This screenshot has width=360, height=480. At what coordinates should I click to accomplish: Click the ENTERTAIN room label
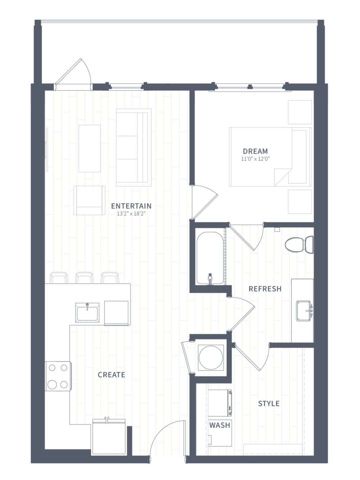click(x=131, y=206)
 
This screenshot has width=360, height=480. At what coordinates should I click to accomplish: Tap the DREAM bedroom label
click(x=255, y=151)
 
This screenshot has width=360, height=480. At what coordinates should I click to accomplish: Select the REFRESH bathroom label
click(x=265, y=289)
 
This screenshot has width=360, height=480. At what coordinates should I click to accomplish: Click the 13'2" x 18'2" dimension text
click(x=131, y=214)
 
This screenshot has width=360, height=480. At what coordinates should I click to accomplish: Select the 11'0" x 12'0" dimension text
click(x=255, y=159)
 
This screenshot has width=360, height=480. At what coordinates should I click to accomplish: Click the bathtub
click(x=210, y=258)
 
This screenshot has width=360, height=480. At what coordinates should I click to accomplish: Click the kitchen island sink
click(x=87, y=312)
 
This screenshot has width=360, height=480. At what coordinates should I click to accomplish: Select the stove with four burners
click(x=58, y=376)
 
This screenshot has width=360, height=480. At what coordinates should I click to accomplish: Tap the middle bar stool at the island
click(x=84, y=278)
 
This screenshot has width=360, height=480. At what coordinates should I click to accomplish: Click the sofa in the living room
click(x=134, y=147)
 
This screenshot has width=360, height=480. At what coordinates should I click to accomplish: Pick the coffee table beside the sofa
click(x=89, y=148)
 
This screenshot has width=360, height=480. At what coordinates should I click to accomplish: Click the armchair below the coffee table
click(x=89, y=200)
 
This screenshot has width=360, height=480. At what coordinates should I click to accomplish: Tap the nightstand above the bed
click(x=300, y=112)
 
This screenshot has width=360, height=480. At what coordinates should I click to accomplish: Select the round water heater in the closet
click(x=211, y=357)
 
